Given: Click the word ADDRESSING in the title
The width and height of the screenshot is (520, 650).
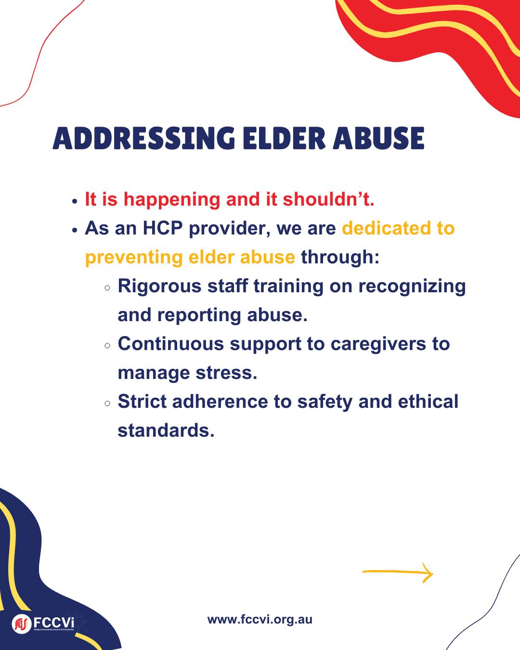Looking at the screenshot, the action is tap(144, 138).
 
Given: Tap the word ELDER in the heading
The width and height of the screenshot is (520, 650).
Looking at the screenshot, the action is tap(284, 138).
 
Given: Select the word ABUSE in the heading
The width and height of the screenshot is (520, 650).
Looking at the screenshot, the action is tap(378, 138).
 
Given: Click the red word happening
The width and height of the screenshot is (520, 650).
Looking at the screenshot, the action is tap(172, 200).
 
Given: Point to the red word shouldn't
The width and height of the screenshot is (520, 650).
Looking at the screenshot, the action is tap(328, 199).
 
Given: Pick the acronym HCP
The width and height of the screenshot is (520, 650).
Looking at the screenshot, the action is tap(163, 228).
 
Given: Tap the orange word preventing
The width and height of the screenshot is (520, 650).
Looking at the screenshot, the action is tap(134, 258).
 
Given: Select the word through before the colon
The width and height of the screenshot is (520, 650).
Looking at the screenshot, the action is tap(337, 258).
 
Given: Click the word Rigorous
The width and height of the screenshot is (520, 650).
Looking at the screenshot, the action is tap(159, 286).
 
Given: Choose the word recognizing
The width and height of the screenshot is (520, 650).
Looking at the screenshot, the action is tap(412, 286).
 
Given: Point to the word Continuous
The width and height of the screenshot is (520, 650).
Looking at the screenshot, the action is tap(171, 344).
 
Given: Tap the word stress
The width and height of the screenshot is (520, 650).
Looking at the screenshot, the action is tap(226, 373).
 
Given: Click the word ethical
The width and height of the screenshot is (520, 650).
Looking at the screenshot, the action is tap(428, 402).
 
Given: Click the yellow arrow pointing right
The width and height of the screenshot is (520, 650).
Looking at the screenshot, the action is tap(398, 572).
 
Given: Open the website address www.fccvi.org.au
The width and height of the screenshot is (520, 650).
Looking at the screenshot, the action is tap(260, 620).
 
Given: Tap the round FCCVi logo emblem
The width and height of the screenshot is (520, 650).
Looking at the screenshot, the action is tap(22, 624).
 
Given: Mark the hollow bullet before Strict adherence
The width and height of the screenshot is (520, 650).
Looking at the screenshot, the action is tap(107, 403).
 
